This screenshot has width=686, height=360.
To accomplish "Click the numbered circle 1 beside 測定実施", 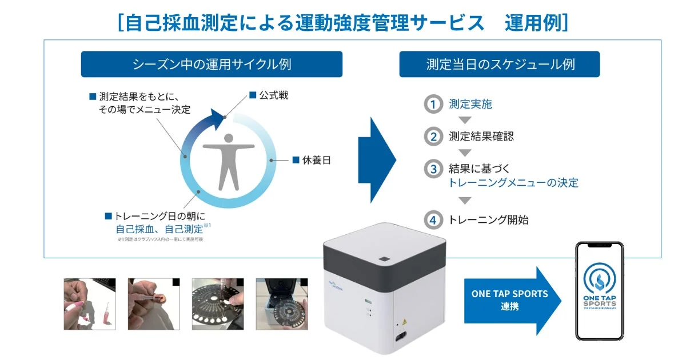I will [x=433, y=104].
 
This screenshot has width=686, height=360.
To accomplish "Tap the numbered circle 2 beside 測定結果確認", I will [x=433, y=137].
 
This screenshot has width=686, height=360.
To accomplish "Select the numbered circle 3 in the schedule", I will [x=433, y=169].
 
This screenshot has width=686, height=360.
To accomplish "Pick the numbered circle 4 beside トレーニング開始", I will [x=433, y=219].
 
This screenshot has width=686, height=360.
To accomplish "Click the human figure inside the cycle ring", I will [x=229, y=161].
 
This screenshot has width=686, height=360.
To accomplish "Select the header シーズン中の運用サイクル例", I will [x=212, y=64].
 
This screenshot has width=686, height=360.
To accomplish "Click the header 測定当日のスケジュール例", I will [x=500, y=64].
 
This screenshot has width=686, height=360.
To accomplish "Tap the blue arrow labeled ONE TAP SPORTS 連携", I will [x=506, y=300].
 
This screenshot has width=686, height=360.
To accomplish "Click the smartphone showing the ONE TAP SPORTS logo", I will [x=599, y=291].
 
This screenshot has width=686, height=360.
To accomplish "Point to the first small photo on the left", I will [x=89, y=304].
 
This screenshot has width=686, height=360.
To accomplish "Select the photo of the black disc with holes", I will [x=217, y=304].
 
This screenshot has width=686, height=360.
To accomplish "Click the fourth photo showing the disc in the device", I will [x=281, y=304].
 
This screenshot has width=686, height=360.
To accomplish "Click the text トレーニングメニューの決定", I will [x=513, y=183].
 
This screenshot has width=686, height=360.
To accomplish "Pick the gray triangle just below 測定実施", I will [x=465, y=120].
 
